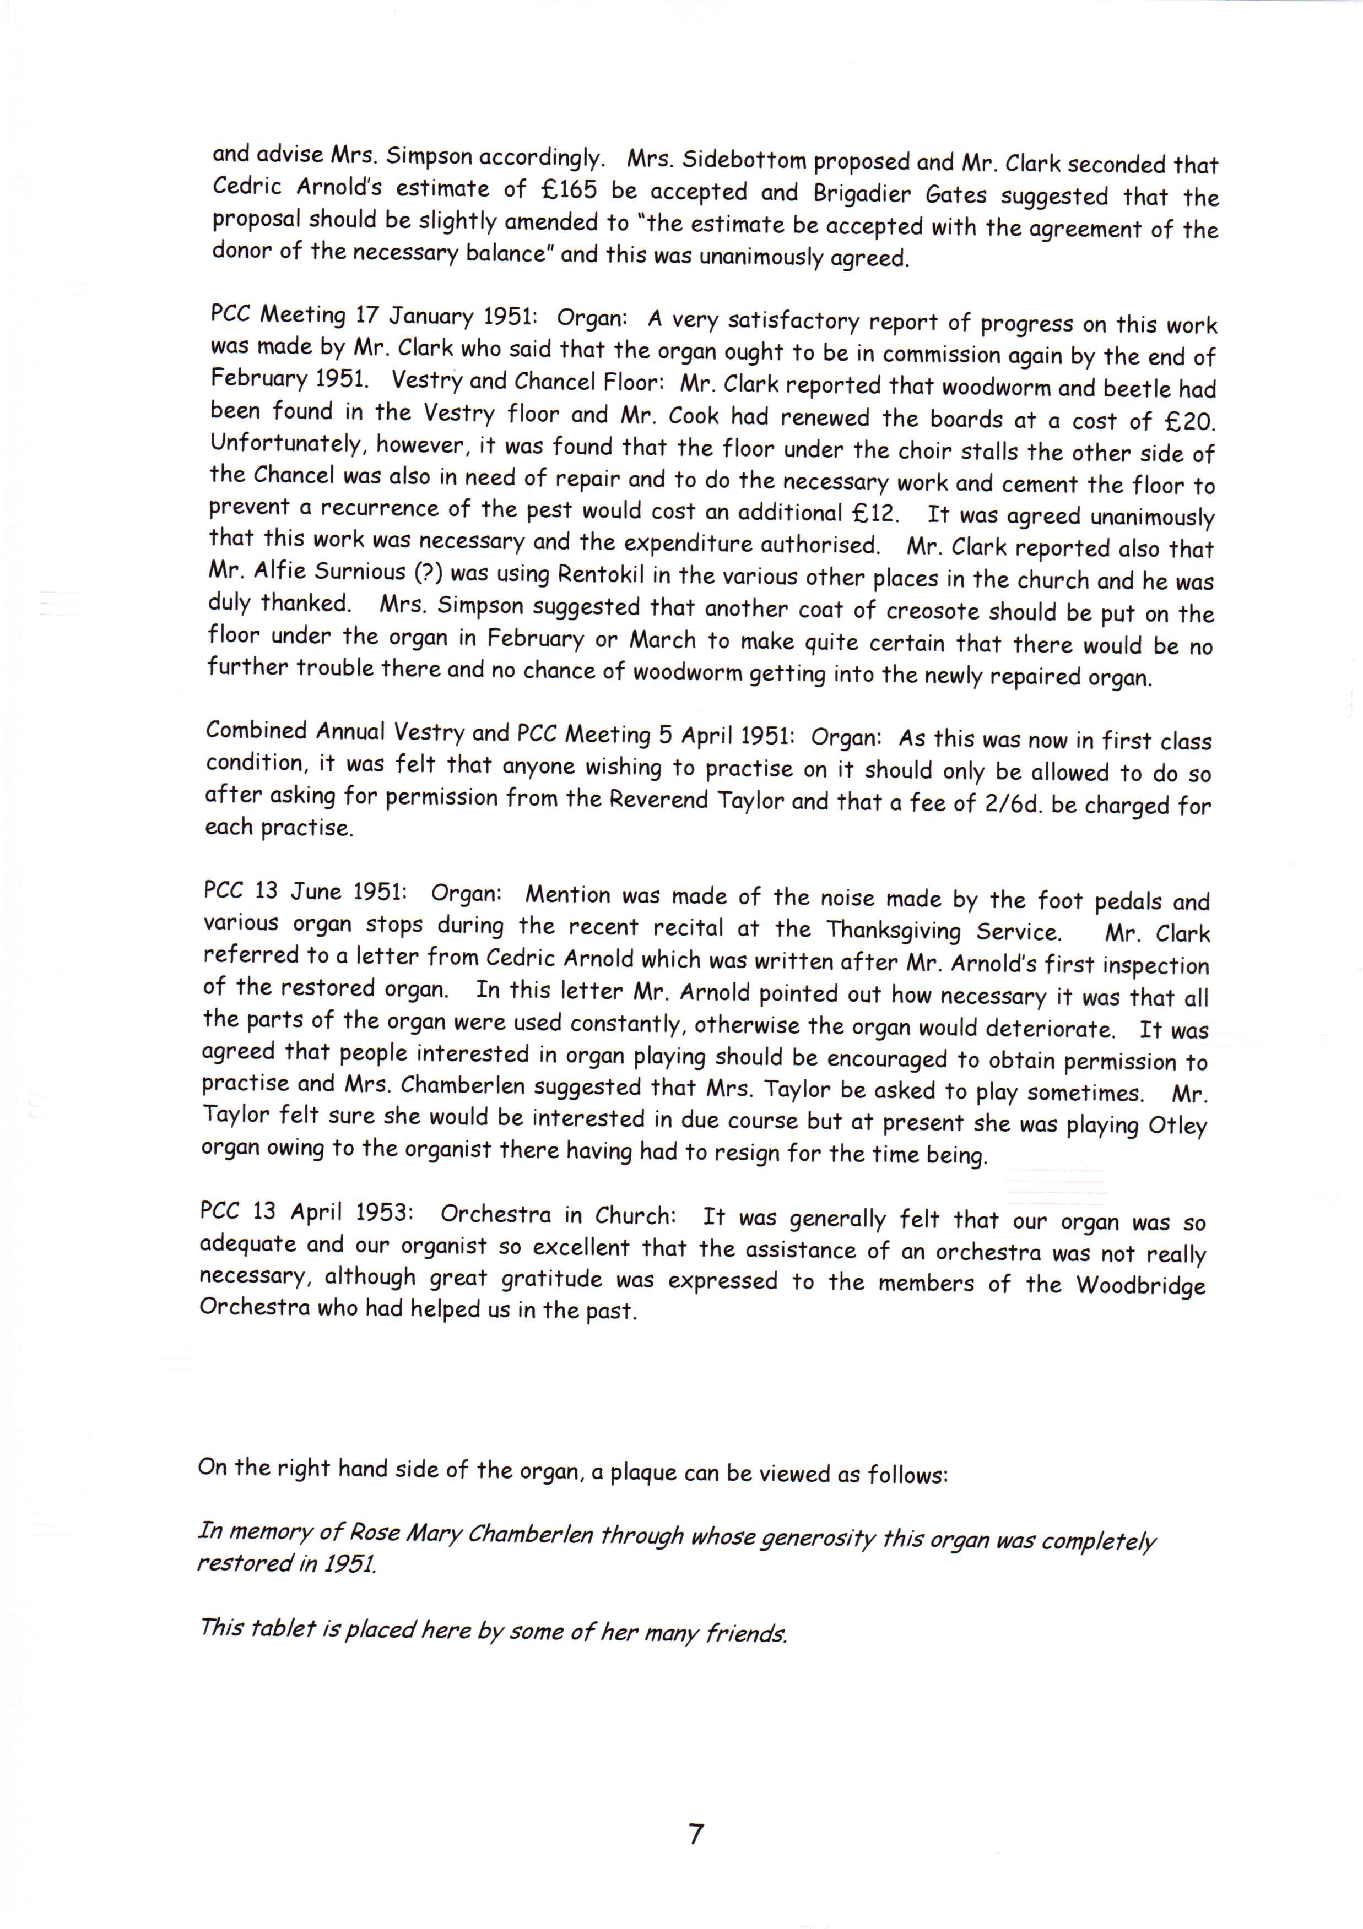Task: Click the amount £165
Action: [569, 191]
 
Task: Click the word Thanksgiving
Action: [893, 931]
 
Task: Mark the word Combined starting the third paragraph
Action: [256, 730]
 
